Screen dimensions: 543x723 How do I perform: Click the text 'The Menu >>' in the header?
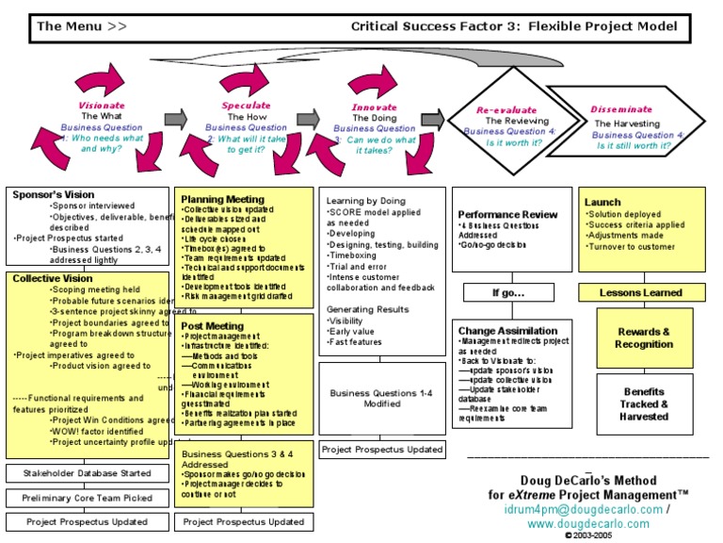pyautogui.click(x=81, y=26)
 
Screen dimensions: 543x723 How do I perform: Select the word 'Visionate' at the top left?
pyautogui.click(x=101, y=106)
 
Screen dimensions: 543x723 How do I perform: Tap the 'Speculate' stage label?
pyautogui.click(x=246, y=106)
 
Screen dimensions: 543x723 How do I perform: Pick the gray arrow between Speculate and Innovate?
pyautogui.click(x=309, y=118)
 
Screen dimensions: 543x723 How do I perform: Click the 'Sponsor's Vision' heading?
pyautogui.click(x=54, y=194)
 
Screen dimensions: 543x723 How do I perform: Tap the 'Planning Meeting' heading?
pyautogui.click(x=222, y=199)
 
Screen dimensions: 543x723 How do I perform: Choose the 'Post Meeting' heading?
pyautogui.click(x=212, y=326)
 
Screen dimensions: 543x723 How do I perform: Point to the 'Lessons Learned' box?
pyautogui.click(x=641, y=293)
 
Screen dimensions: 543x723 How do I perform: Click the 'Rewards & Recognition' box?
pyautogui.click(x=644, y=337)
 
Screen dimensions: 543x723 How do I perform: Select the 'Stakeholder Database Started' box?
pyautogui.click(x=87, y=472)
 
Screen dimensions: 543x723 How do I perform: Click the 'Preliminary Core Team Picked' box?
pyautogui.click(x=87, y=498)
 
